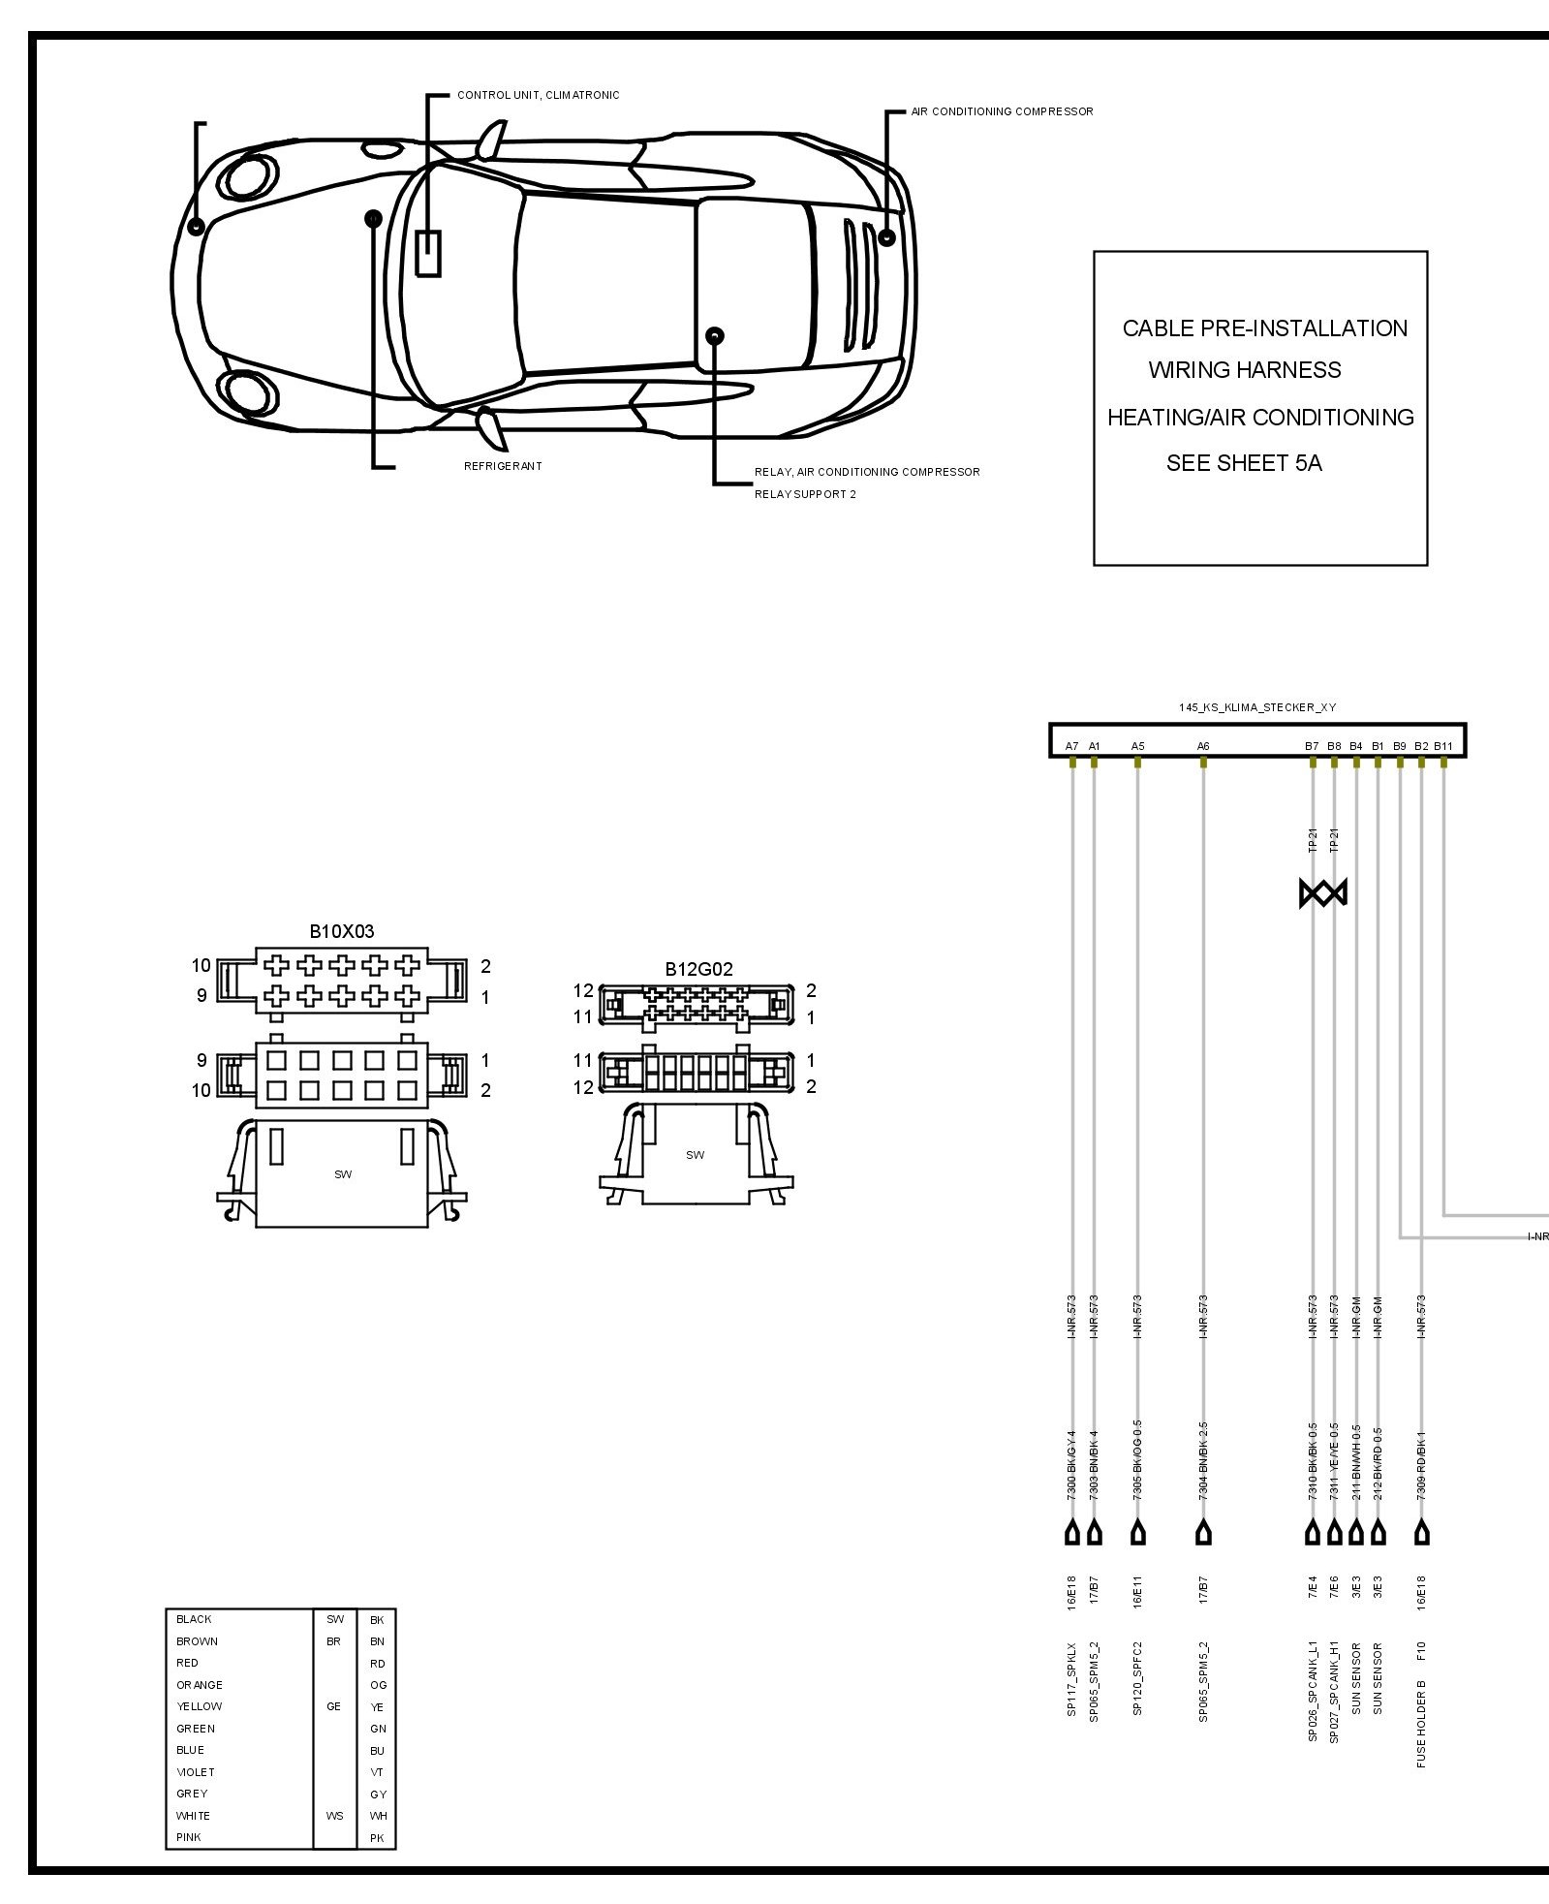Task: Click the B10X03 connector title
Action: [341, 931]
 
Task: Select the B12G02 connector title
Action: [698, 968]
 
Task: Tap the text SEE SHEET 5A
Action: [1243, 463]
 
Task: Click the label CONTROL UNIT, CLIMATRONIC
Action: [538, 95]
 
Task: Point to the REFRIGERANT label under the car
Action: [503, 466]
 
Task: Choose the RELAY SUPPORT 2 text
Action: [805, 494]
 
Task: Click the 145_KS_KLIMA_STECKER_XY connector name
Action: [1256, 707]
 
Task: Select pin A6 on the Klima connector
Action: [1202, 746]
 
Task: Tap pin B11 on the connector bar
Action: [1442, 746]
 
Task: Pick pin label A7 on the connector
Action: [1071, 746]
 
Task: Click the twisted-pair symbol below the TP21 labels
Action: [1322, 892]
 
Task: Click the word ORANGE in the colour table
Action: [200, 1685]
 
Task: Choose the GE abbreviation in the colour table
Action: [333, 1706]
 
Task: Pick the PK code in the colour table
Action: [377, 1838]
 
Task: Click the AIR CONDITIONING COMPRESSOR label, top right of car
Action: [1002, 111]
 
